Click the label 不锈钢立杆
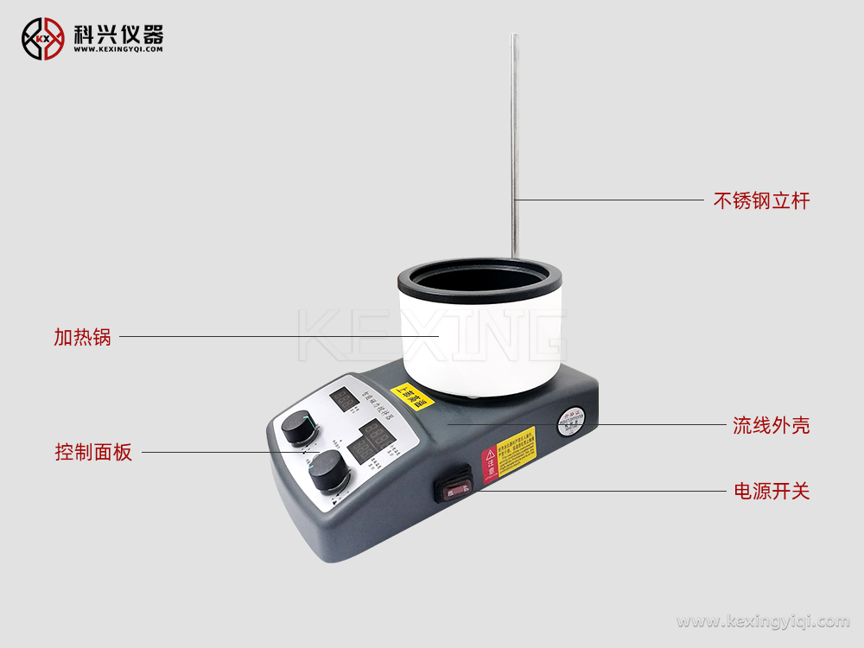pos(760,201)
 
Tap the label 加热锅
pos(82,337)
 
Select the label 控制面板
pos(93,452)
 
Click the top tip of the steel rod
pos(514,37)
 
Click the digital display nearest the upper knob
pos(344,398)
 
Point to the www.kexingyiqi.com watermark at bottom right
pos(762,621)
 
